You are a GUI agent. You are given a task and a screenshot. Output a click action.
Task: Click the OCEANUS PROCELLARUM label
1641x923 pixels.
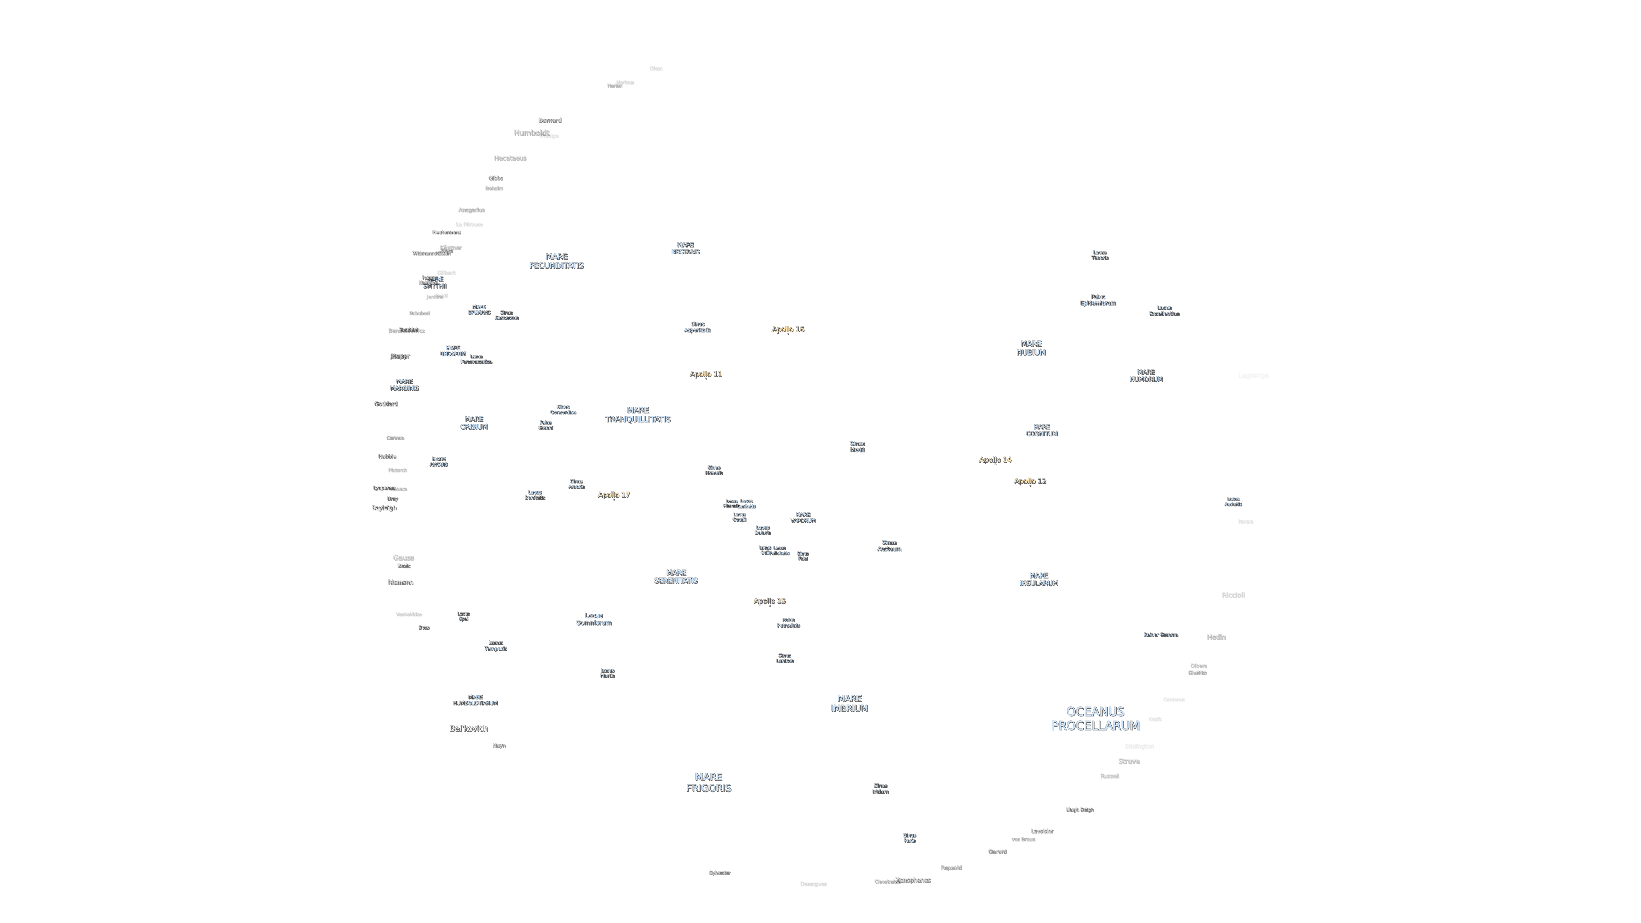point(1095,718)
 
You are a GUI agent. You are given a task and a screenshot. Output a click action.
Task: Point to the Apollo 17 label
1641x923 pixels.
point(613,495)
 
